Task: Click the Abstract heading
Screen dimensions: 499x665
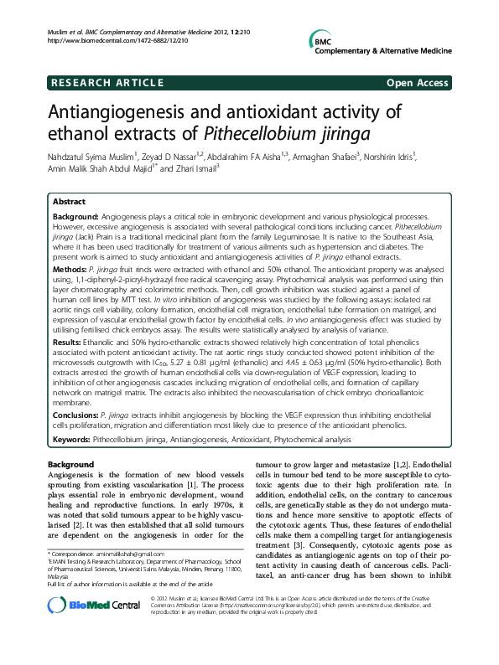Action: tap(69, 202)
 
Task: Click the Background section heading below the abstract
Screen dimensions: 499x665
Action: tap(70, 464)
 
